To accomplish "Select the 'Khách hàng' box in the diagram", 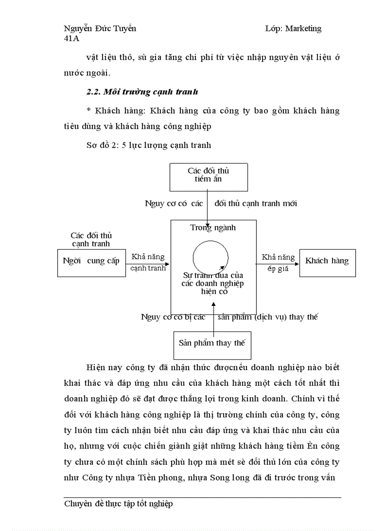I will coord(327,261).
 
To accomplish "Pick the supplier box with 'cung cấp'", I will coord(91,261).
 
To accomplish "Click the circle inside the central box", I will coord(211,258).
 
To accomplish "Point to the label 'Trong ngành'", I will coord(213,228).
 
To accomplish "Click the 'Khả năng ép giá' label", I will coord(278,262).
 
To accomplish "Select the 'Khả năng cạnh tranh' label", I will coord(148,262).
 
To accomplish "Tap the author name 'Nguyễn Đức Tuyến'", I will coord(100,28).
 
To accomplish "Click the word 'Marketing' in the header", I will coord(303,28).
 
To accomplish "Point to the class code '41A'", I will coord(71,39).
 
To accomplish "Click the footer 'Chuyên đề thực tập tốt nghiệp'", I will coord(118,504).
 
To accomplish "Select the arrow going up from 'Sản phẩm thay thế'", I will coord(213,319).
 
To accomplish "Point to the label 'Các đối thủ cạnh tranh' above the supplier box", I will coord(91,240).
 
